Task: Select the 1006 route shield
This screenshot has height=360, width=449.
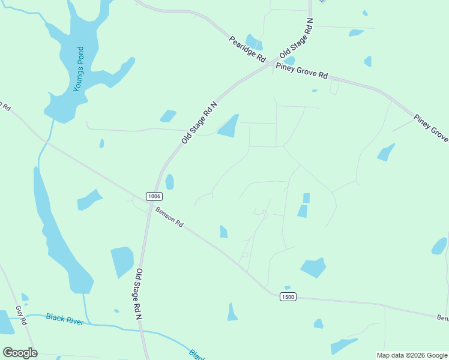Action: click(154, 196)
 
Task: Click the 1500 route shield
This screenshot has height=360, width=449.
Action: click(287, 296)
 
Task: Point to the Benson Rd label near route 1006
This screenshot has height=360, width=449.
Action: click(169, 217)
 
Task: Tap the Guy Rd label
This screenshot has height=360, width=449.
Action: click(22, 316)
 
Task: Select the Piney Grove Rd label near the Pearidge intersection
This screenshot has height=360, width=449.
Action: click(302, 71)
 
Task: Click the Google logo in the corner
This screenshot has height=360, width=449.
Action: click(20, 353)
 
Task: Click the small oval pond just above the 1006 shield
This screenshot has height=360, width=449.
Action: click(169, 181)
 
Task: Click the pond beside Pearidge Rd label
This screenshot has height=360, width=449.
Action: click(254, 43)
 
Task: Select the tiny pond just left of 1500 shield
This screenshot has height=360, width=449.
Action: click(288, 287)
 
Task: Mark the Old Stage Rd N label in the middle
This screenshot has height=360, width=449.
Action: click(199, 122)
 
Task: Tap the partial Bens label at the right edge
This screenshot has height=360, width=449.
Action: click(442, 317)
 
